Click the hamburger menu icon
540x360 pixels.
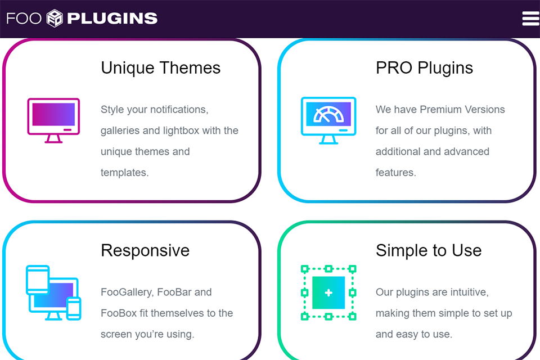(530, 19)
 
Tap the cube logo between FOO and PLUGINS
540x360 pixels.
(55, 18)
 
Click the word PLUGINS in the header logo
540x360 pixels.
(112, 19)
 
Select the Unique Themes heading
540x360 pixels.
(160, 68)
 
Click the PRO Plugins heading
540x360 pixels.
(424, 68)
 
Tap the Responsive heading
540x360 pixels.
(145, 250)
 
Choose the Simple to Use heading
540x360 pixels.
(429, 250)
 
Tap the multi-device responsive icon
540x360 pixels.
(53, 293)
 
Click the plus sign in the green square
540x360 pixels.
(328, 293)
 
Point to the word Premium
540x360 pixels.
(440, 110)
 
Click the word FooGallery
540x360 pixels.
(127, 292)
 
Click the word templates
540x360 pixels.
(124, 173)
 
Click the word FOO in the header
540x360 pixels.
(24, 19)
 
